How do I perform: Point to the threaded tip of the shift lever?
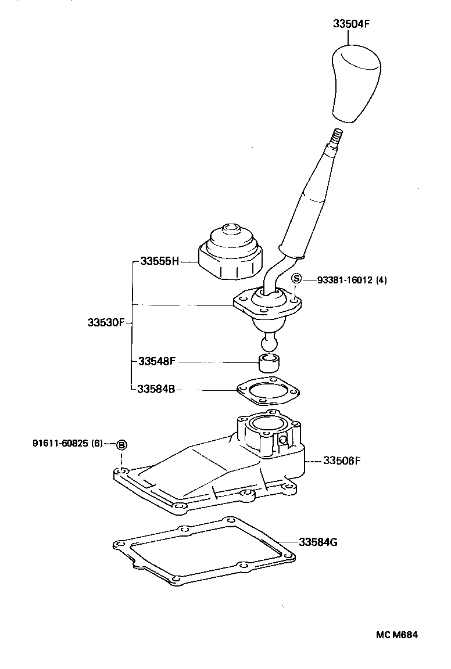(x=337, y=138)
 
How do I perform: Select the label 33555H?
(x=159, y=261)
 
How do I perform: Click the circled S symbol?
(x=296, y=279)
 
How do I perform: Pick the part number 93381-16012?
(x=345, y=279)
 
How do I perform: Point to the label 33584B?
(x=156, y=389)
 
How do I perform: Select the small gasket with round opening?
(x=268, y=392)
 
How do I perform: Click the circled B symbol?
(x=121, y=445)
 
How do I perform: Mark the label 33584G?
(x=318, y=543)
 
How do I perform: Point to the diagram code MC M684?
(x=396, y=635)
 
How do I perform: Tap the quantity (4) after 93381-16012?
(x=381, y=279)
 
